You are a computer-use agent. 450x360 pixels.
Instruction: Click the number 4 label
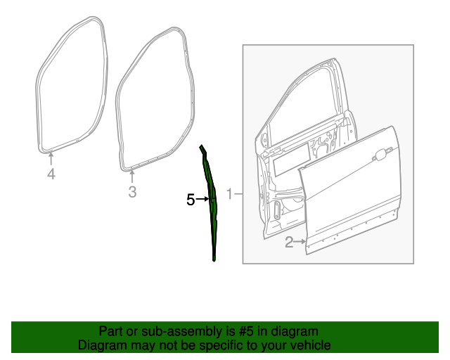pos(51,174)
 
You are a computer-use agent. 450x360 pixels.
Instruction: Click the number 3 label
pos(132,192)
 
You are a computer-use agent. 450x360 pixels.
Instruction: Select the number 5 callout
pos(190,200)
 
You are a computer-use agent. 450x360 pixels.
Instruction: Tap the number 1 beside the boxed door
pos(229,193)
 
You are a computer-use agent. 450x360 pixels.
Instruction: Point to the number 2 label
pos(288,243)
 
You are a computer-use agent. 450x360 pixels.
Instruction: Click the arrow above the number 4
pos(51,159)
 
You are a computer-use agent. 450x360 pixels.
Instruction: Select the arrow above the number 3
pos(132,176)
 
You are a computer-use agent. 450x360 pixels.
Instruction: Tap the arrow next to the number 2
pos(300,243)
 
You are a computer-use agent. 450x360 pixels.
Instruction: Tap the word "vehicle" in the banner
pos(308,345)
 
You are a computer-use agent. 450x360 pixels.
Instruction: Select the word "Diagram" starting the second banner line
pos(102,345)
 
